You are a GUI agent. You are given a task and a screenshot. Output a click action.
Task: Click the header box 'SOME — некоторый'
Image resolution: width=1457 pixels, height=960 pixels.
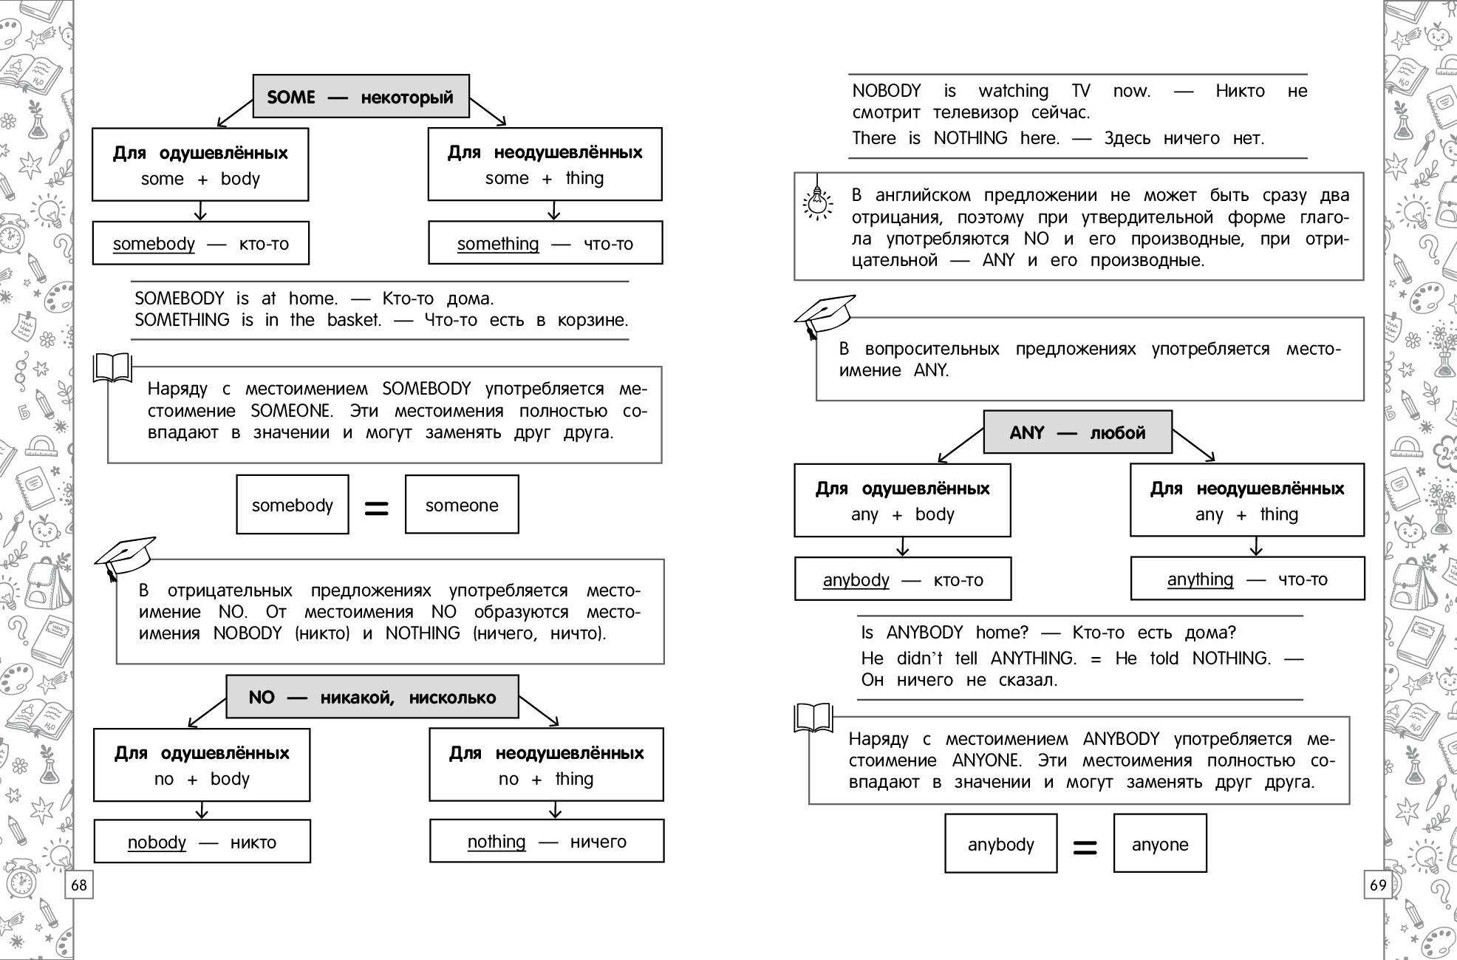point(361,96)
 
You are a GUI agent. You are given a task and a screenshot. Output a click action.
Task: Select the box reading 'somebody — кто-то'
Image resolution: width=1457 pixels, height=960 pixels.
point(200,243)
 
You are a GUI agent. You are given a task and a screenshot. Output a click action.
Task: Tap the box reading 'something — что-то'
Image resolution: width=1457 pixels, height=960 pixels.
point(545,243)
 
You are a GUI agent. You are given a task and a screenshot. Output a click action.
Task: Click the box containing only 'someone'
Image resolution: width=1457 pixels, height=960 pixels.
point(462,505)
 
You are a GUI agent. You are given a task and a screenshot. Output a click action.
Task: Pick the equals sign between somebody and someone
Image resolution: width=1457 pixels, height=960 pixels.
point(377,508)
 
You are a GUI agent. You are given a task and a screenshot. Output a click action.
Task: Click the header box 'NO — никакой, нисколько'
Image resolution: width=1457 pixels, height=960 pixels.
point(372,697)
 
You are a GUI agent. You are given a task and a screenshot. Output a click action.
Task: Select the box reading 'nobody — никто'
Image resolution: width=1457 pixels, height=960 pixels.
point(202,842)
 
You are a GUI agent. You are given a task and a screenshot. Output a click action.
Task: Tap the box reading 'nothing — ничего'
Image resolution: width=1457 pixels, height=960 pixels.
point(547,841)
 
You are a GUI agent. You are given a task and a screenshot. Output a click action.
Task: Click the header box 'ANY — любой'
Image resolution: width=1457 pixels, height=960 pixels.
point(1077,432)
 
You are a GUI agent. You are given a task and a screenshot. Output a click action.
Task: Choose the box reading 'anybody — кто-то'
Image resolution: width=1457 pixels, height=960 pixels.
point(902,579)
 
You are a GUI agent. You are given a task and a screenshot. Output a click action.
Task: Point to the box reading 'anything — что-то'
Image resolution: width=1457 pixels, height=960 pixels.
point(1247,579)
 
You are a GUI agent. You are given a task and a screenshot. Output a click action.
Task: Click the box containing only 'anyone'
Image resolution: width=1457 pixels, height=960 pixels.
point(1160,844)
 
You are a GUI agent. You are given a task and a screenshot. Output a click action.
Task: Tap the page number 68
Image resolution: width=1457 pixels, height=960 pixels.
point(79,885)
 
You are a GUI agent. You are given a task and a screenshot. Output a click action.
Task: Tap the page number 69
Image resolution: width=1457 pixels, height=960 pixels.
point(1378,885)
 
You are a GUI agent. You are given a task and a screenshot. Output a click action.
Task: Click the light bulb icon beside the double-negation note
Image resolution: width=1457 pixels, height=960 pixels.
point(817,200)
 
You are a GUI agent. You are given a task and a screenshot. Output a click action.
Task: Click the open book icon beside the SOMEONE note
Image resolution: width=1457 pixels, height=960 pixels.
point(112,367)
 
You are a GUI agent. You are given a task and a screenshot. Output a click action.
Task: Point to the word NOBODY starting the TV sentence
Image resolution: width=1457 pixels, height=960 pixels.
point(887,91)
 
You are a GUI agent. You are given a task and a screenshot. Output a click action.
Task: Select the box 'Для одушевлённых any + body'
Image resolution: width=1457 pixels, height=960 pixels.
point(902,500)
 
